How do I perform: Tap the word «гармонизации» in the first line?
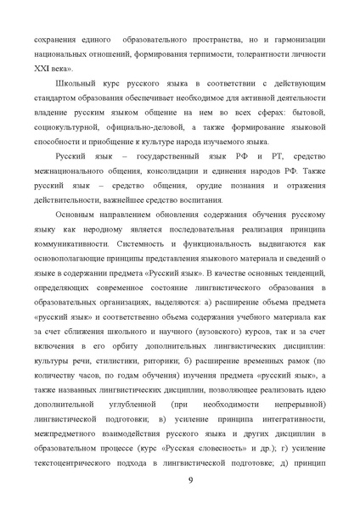[297, 40]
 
